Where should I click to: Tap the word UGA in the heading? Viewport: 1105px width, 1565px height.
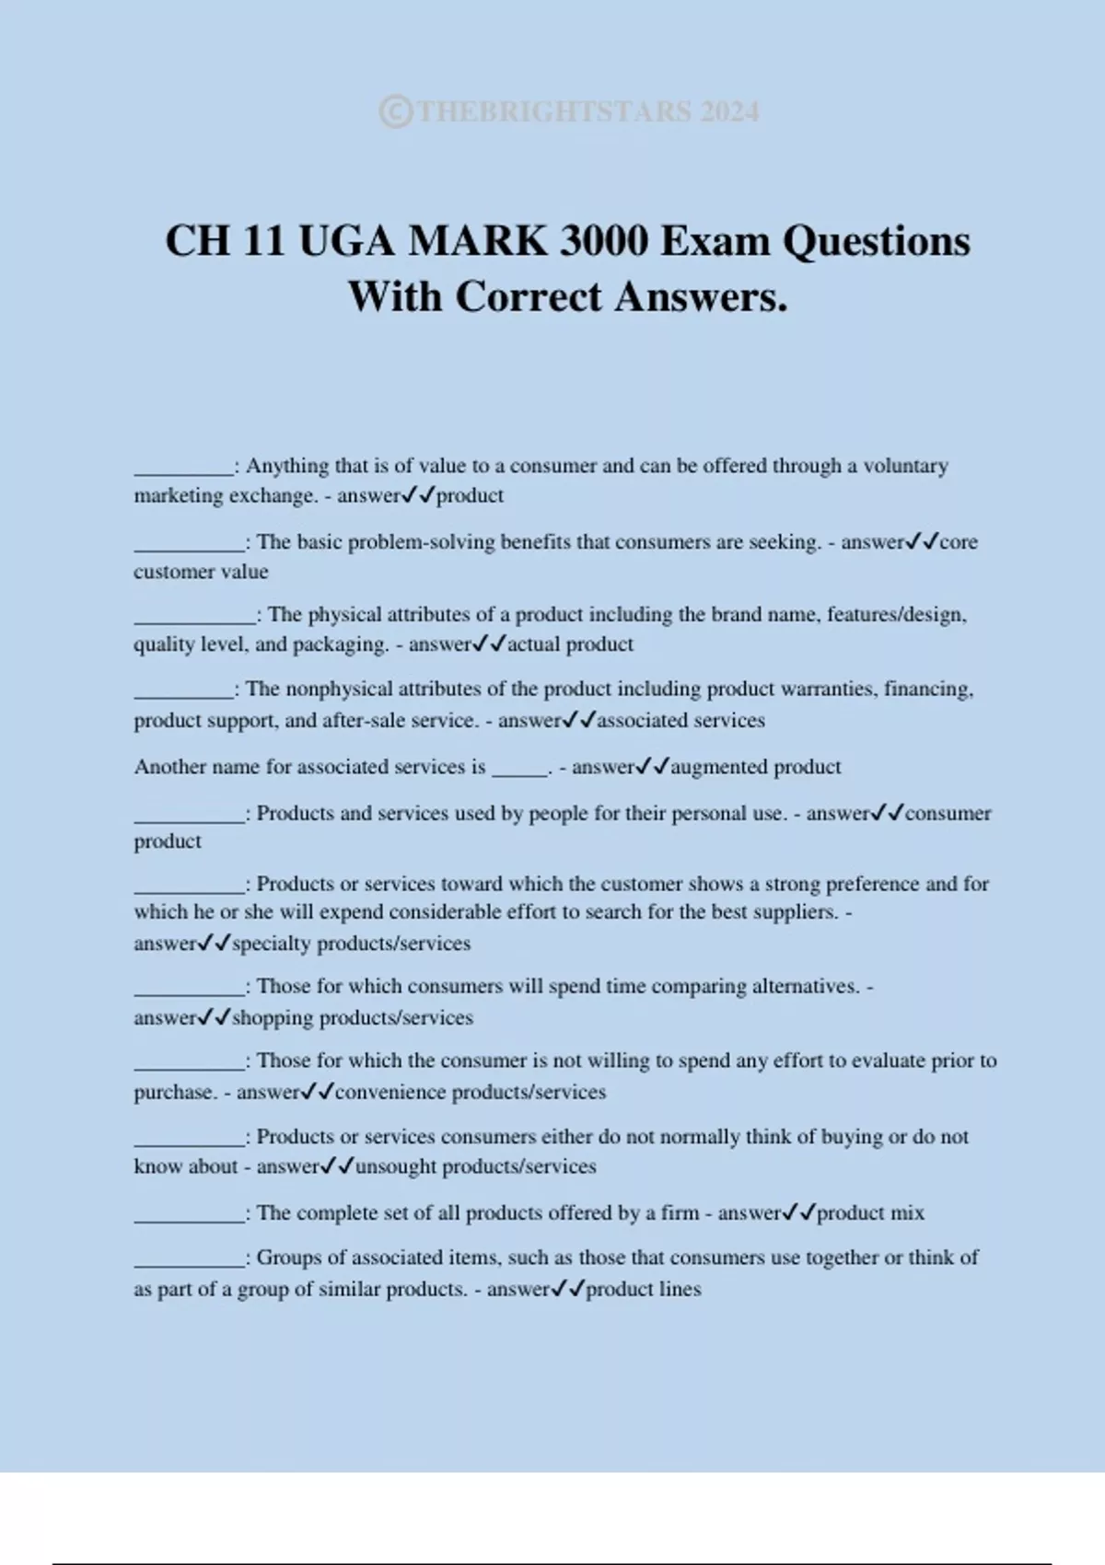pyautogui.click(x=346, y=241)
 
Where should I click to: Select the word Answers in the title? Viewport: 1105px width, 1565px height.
pyautogui.click(x=701, y=297)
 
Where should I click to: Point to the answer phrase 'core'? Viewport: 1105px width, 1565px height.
pyautogui.click(x=959, y=542)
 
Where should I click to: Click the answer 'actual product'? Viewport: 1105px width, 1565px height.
pyautogui.click(x=570, y=644)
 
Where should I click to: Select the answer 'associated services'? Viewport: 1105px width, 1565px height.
pyautogui.click(x=680, y=721)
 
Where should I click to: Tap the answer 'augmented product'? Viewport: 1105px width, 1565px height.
pyautogui.click(x=755, y=767)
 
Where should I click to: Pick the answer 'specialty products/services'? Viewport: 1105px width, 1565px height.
pyautogui.click(x=351, y=944)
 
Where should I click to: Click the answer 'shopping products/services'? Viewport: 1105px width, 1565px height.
pyautogui.click(x=352, y=1018)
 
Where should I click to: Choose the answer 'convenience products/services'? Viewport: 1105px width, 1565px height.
pyautogui.click(x=470, y=1093)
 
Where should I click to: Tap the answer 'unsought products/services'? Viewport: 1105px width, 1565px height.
pyautogui.click(x=475, y=1167)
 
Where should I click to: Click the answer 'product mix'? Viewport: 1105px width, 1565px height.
pyautogui.click(x=870, y=1213)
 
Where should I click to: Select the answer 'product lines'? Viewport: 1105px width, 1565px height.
pyautogui.click(x=643, y=1290)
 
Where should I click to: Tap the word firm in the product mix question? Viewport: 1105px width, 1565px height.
pyautogui.click(x=680, y=1213)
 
